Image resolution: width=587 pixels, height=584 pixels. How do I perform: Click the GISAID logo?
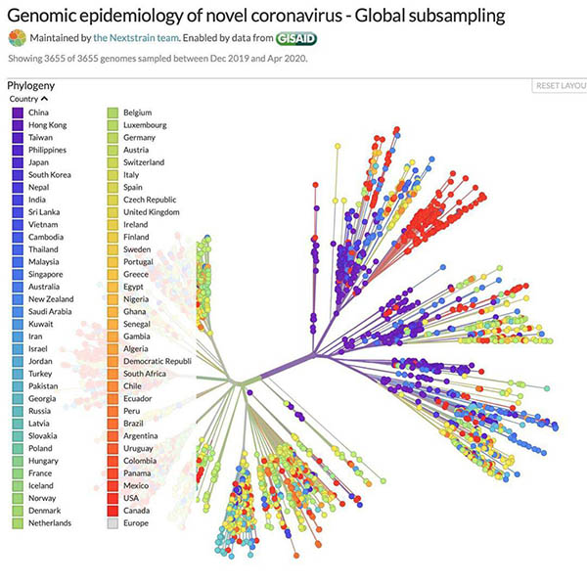297,38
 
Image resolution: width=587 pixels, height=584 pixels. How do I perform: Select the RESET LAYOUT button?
560,86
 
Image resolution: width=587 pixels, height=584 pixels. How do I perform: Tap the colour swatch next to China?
17,113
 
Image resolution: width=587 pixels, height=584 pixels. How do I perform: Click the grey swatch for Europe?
113,522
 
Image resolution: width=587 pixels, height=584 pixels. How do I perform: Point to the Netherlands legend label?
50,522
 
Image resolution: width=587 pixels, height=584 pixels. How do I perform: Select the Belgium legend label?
139,113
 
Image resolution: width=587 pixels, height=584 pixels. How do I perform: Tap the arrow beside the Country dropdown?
45,100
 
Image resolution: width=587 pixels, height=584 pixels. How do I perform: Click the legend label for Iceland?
43,485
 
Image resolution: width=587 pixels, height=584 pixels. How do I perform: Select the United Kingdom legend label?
152,212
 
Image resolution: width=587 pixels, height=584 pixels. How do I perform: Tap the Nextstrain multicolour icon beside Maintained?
17,38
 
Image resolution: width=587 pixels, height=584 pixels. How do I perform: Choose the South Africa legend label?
145,374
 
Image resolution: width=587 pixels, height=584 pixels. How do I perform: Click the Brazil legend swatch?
113,424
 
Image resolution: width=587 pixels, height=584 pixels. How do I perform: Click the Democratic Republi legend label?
158,361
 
